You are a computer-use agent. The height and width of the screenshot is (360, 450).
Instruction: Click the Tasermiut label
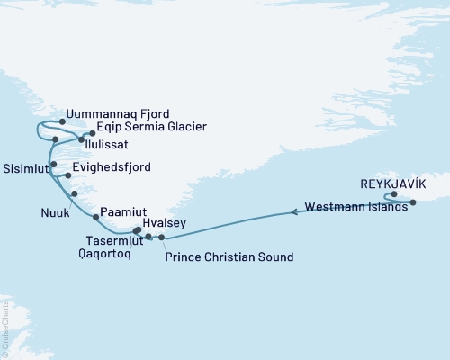tap(113, 240)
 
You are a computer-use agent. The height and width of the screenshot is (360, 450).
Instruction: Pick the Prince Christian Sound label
tap(230, 257)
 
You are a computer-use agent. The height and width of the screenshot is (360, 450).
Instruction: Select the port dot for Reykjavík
tap(394, 193)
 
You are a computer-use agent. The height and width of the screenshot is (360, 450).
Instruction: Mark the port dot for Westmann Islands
tap(412, 202)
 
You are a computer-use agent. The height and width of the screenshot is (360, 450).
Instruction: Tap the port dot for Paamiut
tap(94, 216)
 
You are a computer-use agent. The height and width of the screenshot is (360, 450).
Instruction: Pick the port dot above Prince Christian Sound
tap(161, 237)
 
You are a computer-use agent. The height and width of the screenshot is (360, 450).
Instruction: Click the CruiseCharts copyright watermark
tap(4, 328)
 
